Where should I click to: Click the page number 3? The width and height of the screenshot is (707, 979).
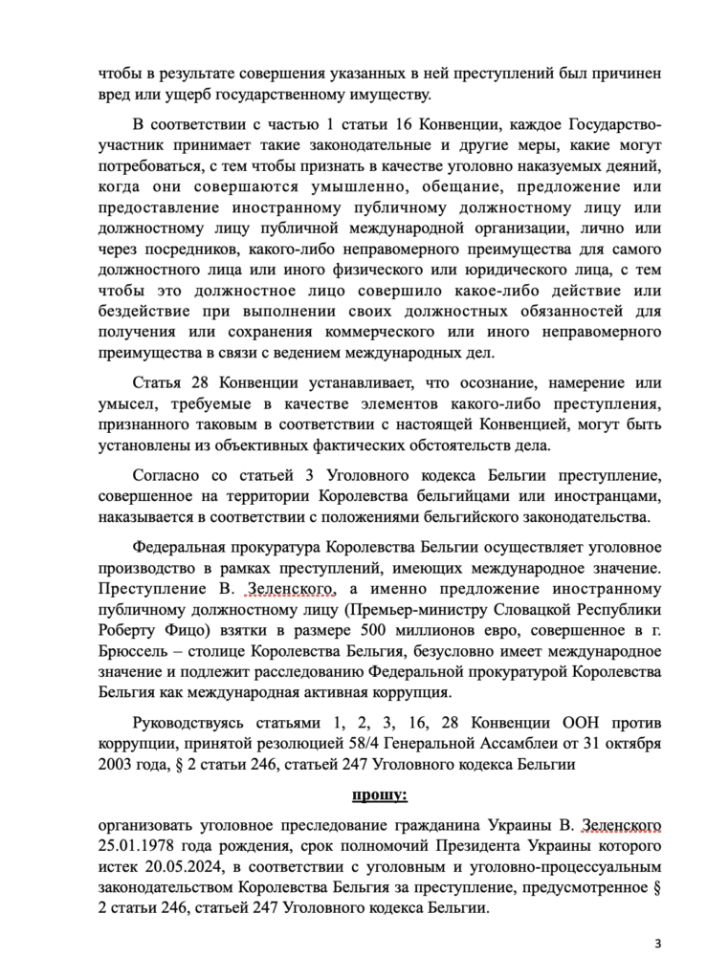click(x=657, y=944)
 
